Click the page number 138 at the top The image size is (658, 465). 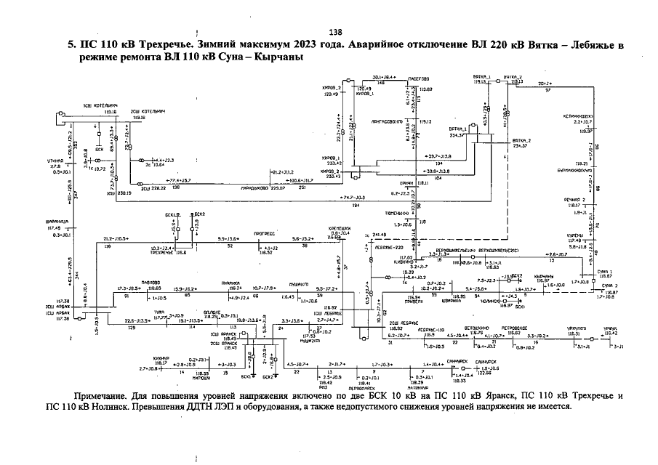335,32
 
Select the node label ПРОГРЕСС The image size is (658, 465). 263,235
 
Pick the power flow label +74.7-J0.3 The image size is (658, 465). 353,198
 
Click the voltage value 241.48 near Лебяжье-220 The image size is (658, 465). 379,235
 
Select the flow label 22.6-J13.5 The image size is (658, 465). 138,320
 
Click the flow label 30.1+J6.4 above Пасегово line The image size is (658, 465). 383,76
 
